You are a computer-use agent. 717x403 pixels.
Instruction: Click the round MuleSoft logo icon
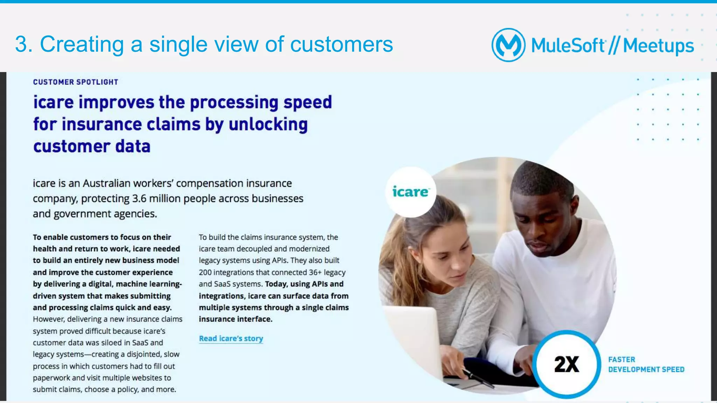click(508, 45)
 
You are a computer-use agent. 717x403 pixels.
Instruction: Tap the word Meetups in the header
click(658, 46)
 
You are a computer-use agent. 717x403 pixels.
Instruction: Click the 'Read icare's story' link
click(231, 338)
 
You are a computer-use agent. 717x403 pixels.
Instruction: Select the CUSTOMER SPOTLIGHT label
click(76, 82)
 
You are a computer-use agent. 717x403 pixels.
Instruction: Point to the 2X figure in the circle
click(566, 365)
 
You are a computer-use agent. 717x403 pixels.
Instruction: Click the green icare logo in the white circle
click(410, 192)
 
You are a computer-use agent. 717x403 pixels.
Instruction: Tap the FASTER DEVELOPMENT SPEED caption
click(646, 365)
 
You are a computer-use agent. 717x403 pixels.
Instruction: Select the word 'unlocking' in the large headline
click(268, 124)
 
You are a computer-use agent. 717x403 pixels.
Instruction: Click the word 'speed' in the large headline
click(307, 103)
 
